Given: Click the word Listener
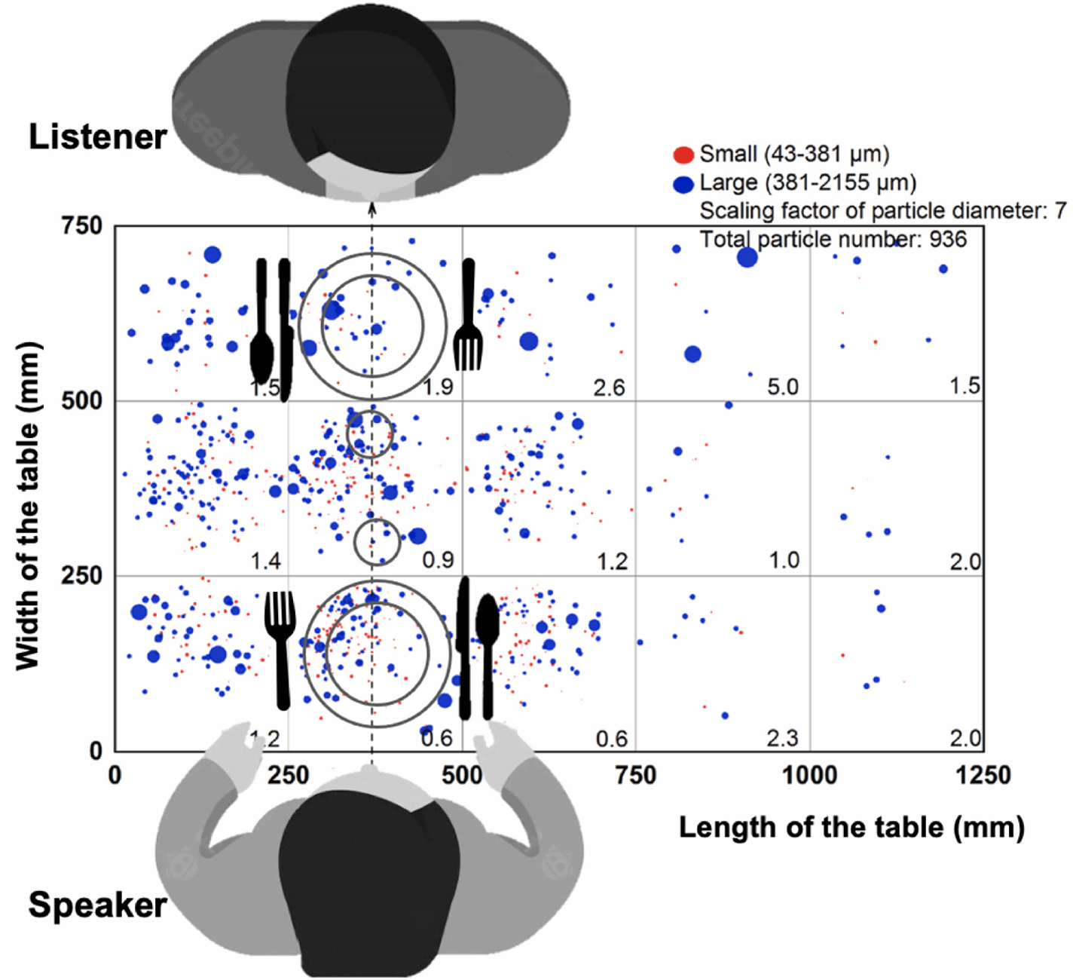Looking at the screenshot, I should tap(98, 137).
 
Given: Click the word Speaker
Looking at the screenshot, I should tap(98, 905).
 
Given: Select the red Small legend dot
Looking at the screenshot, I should tap(683, 155).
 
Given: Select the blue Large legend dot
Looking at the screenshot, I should tap(683, 184).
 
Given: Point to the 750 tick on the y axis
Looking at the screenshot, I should tap(81, 225).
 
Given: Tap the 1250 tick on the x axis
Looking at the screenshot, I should tap(983, 775).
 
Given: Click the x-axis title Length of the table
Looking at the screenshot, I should tap(851, 827).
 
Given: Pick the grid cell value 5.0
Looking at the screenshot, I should tap(782, 387).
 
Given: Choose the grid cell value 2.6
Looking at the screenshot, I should tap(609, 387).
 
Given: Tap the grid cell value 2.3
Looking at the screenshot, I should tap(782, 737).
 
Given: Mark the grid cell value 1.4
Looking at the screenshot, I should tap(265, 561).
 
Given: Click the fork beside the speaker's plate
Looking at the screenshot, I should tap(280, 648).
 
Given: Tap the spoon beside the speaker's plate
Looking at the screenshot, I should tap(488, 648).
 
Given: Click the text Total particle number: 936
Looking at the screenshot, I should tap(833, 240).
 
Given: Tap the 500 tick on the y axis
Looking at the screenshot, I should tap(81, 400).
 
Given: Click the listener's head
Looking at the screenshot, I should tap(371, 83).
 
